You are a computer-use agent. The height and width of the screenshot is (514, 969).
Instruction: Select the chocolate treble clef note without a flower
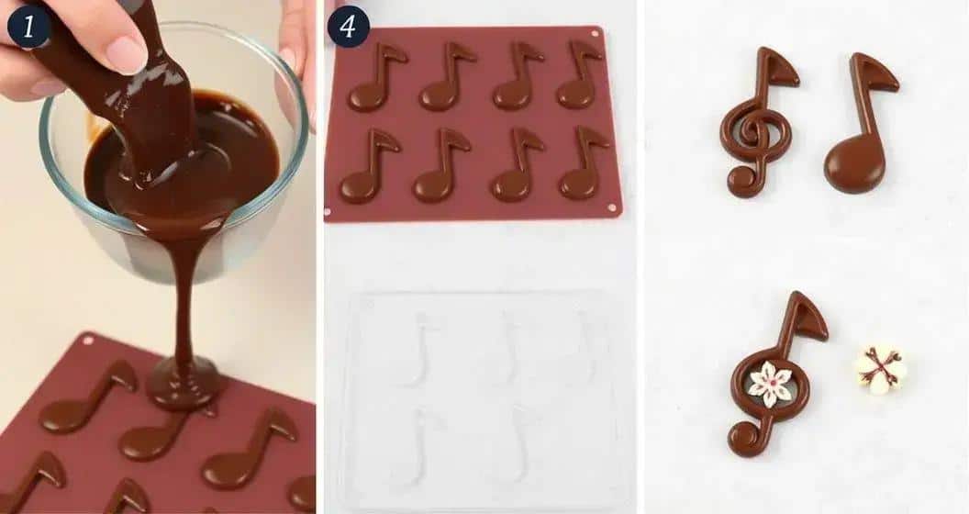point(756,124)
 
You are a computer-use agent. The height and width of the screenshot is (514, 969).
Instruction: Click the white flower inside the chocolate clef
point(769,384)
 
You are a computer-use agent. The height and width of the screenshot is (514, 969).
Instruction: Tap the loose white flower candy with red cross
point(879,370)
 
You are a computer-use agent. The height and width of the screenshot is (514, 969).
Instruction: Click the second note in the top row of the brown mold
point(445,78)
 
